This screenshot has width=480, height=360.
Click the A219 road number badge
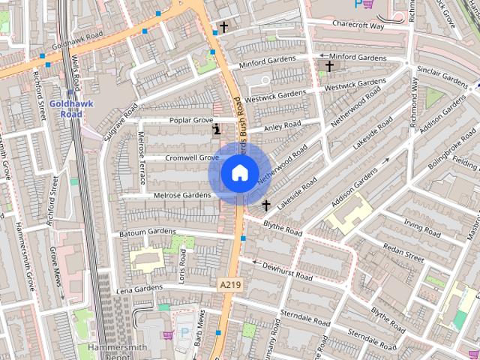(x=230, y=285)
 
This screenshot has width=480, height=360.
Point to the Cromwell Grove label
(x=191, y=158)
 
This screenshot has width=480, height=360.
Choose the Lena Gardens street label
(x=139, y=288)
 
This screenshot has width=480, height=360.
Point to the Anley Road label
(x=283, y=124)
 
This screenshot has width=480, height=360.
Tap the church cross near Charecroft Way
(x=223, y=28)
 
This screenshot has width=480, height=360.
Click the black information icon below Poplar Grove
(x=217, y=130)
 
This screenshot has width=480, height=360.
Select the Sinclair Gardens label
(x=441, y=75)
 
